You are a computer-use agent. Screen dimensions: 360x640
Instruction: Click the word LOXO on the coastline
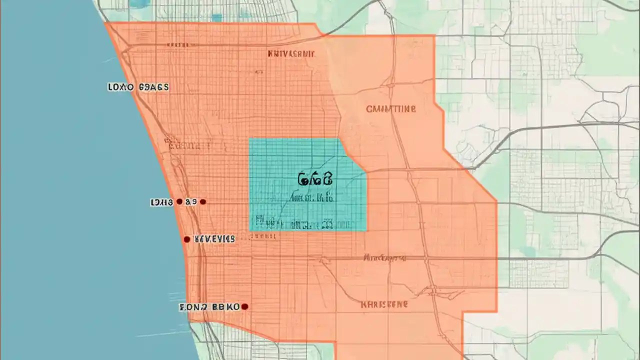(120, 87)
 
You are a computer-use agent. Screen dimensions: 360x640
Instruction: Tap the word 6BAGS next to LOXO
(153, 87)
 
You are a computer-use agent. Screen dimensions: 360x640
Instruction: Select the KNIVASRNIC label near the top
(291, 53)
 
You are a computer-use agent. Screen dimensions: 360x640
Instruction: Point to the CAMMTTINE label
(390, 108)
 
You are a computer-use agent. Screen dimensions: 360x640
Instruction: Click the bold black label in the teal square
(315, 178)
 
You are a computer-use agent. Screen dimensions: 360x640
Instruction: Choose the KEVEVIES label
(214, 239)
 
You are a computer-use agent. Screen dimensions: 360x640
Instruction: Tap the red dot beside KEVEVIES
(186, 239)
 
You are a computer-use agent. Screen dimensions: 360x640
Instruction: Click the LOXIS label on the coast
(161, 202)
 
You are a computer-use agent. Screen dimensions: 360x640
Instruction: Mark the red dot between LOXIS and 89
(179, 202)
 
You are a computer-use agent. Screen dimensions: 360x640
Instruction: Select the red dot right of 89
(202, 202)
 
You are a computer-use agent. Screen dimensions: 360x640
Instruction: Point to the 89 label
(190, 202)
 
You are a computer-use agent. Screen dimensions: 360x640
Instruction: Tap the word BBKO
(225, 307)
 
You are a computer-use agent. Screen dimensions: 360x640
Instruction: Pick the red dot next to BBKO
(244, 306)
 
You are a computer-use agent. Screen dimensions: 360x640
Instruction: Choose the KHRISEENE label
(384, 304)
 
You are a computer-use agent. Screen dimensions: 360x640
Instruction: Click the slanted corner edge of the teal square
(353, 155)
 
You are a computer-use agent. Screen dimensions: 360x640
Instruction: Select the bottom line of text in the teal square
(294, 222)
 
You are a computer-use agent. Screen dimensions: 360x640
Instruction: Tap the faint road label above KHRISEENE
(384, 258)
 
